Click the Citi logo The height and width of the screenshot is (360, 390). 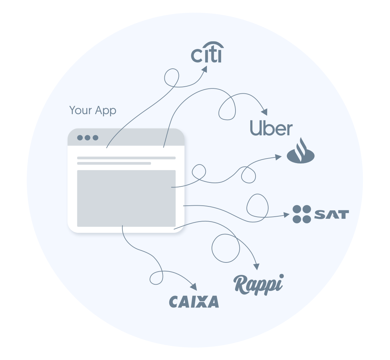pos(207,52)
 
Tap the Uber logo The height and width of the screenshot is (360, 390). pos(271,128)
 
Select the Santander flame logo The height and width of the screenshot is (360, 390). pos(301,151)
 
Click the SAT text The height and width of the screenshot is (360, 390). pos(332,215)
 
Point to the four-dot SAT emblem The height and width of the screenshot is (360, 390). pos(302,214)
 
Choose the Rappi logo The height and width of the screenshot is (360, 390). pos(259,285)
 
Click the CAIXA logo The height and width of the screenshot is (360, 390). pos(194,302)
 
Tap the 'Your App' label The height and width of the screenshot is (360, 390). pos(93,110)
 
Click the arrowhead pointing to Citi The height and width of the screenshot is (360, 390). pos(205,69)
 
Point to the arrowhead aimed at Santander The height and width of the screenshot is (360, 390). pos(278,157)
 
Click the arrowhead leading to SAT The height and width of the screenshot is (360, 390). pos(287,215)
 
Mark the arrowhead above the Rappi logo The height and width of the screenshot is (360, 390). pos(257,267)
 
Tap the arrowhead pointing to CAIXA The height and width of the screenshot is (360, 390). pos(194,287)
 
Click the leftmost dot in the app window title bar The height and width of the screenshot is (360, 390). pos(80,138)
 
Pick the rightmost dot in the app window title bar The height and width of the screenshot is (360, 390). pos(95,138)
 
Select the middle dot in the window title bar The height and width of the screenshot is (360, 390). pos(88,138)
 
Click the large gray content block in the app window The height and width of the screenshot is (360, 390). pos(126,198)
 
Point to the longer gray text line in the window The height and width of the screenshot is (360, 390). pos(126,158)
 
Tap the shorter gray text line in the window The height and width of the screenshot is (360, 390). pos(114,163)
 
